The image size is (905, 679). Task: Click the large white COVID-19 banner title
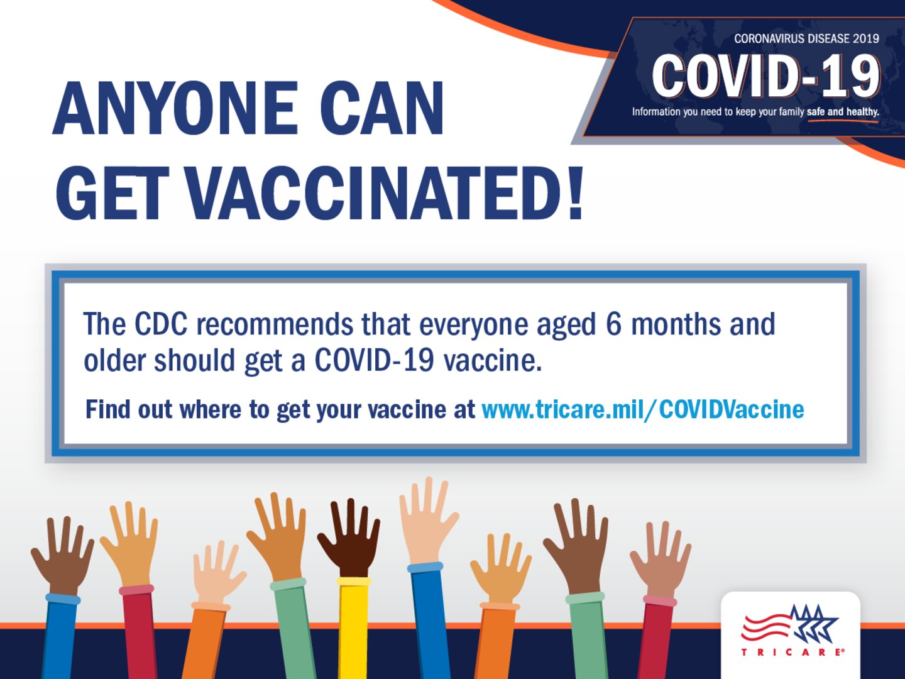765,76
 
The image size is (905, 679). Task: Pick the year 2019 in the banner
865,39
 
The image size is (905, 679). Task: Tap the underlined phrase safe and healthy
842,112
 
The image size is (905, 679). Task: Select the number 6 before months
613,324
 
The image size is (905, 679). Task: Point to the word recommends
275,324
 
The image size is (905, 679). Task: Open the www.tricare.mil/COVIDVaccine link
642,409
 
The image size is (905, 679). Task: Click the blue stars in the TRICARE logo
814,622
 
